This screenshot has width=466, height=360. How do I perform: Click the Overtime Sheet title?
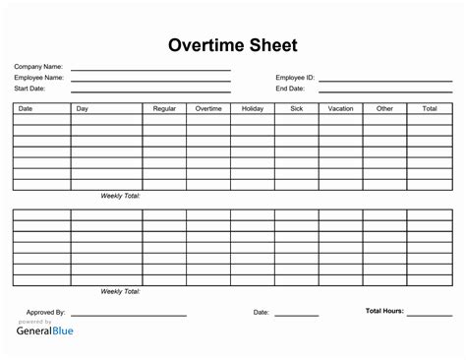coord(233,45)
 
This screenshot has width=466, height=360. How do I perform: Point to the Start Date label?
coord(29,88)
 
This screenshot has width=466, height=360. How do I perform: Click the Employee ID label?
coord(295,77)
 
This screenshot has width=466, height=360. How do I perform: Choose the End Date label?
coord(290,88)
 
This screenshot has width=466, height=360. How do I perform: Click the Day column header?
coord(83,108)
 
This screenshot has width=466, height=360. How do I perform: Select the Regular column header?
coord(164,108)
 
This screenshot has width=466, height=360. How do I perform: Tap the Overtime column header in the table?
coord(208,108)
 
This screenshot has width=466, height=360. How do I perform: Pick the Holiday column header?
coord(253,108)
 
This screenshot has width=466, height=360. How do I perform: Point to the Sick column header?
coord(297,108)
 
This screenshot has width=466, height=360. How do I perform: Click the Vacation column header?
coord(341,108)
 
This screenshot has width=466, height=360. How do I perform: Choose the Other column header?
coord(384,108)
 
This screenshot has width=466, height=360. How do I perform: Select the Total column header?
coord(430,108)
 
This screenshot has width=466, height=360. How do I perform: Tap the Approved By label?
coord(45,312)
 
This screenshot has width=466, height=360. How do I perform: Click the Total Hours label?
coord(384,311)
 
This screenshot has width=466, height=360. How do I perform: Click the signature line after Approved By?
coord(127,315)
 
